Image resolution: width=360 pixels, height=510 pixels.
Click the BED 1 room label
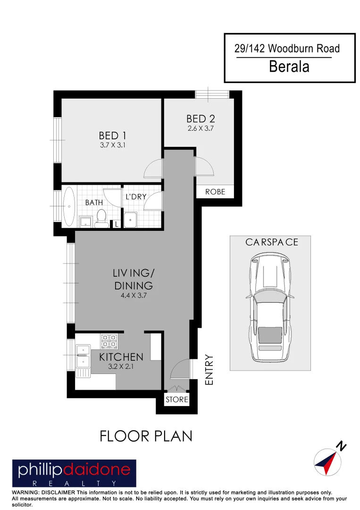[112, 136]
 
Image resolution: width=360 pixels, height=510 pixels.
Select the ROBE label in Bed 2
[215, 192]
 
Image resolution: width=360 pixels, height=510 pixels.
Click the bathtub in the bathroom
[69, 206]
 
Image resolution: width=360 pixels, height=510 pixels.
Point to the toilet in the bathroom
[100, 218]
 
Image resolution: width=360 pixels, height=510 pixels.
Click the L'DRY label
[136, 196]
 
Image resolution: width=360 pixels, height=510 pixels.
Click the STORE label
[177, 400]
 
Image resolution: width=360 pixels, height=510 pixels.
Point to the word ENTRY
[209, 370]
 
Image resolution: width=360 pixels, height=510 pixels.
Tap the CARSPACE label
[271, 242]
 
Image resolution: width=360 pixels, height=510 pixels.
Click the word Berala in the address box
[289, 67]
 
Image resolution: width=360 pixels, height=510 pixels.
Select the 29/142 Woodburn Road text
[287, 48]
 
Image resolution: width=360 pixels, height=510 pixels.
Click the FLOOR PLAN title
[146, 436]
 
